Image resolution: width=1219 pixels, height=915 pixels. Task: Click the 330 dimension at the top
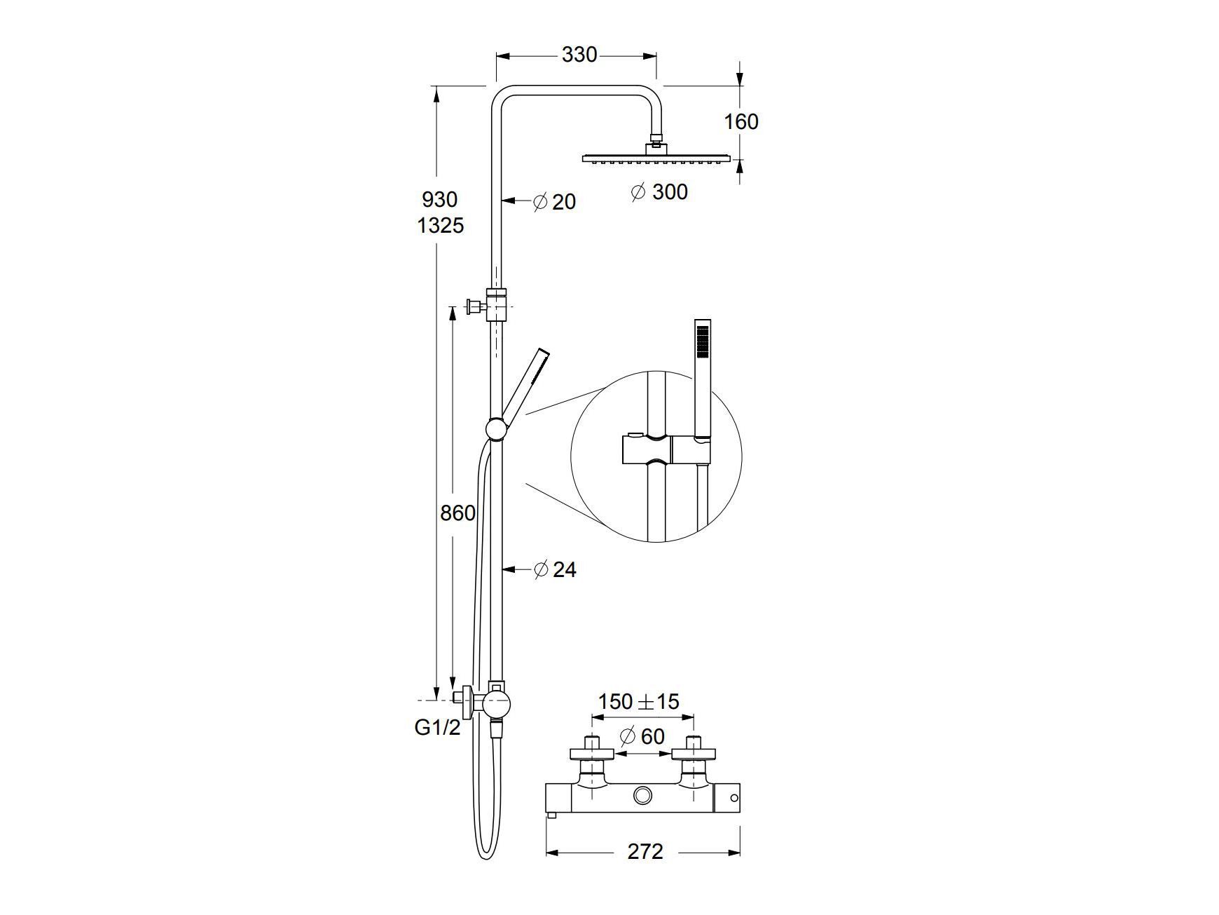[x=579, y=55]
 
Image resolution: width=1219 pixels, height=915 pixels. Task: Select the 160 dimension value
[x=741, y=122]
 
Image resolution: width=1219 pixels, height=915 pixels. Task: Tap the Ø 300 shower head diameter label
[x=659, y=191]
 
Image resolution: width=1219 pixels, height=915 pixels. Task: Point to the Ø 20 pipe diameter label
[x=554, y=202]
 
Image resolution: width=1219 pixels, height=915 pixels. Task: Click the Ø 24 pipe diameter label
[x=555, y=569]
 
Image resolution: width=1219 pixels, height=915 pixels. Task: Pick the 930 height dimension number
[x=439, y=200]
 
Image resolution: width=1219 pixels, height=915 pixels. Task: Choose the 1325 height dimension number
[x=441, y=226]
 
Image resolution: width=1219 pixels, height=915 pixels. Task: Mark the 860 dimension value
[x=457, y=513]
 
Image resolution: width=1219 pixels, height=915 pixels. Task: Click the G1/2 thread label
[x=438, y=728]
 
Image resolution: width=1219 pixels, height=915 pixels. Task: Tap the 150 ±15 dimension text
[x=638, y=701]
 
